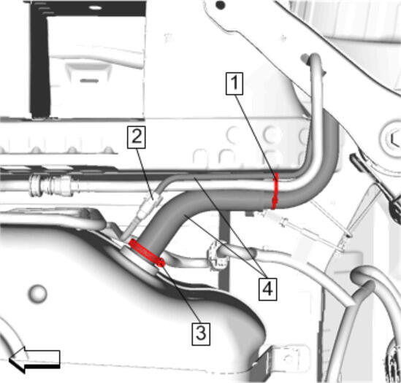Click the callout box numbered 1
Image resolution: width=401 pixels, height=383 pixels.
click(x=234, y=83)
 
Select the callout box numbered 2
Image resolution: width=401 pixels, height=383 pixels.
click(x=137, y=137)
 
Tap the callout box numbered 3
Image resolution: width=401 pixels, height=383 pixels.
click(x=201, y=334)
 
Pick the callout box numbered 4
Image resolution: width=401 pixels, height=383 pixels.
click(x=268, y=289)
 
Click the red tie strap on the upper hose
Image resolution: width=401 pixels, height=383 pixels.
click(x=275, y=191)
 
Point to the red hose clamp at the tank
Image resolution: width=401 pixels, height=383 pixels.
click(x=146, y=252)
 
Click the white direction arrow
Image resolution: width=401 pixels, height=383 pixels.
click(x=34, y=359)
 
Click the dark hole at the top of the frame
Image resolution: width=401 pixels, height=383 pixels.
click(x=220, y=4)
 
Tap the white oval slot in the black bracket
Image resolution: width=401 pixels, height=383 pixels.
click(x=95, y=8)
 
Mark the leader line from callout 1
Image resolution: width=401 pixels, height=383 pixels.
click(x=256, y=136)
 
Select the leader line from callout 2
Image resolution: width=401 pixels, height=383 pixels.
click(x=145, y=174)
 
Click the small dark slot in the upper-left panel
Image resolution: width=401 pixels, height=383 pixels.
click(x=90, y=81)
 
